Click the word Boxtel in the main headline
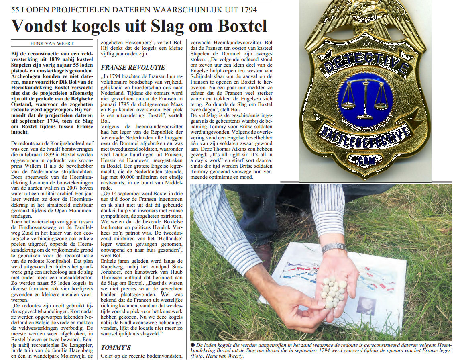242,26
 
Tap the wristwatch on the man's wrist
334,247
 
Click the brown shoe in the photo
264,256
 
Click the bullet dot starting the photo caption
193,345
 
